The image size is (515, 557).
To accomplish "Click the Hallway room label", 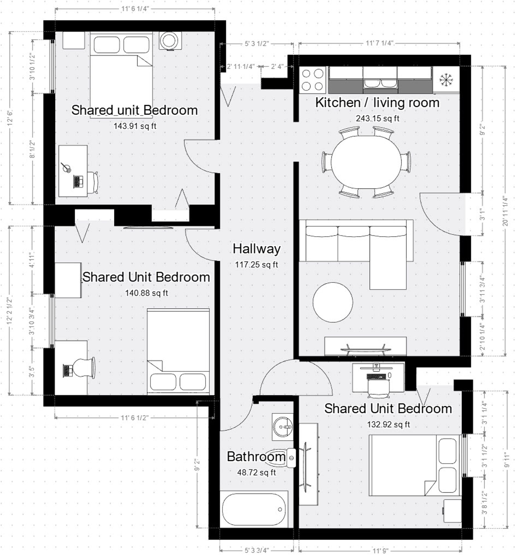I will coord(256,249).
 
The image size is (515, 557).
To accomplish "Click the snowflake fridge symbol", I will coord(446,80).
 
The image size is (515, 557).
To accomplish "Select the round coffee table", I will coord(333,302).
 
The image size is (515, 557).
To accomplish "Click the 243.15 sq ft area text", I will coord(377,118).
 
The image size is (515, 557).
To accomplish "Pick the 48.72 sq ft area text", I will coord(256,473).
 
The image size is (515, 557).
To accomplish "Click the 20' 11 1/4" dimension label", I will coord(505,211).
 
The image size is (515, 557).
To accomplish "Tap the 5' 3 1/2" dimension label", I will coord(256,44).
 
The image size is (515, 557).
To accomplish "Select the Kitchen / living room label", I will coord(377,103).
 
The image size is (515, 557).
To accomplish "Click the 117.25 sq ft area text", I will coord(256,265).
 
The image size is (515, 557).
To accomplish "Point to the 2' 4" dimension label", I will coord(277,66).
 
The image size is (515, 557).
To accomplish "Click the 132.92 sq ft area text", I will coord(388,425).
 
